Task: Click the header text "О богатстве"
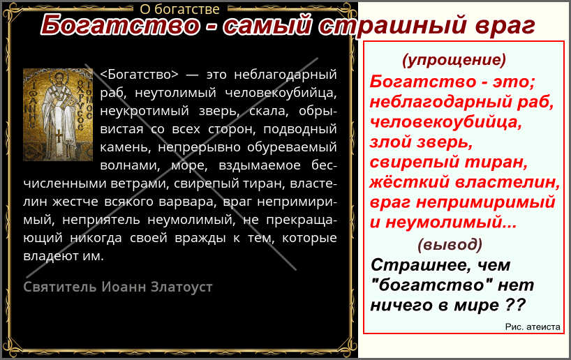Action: [x=179, y=9]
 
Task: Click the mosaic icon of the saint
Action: [x=58, y=114]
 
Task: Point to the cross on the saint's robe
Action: [x=58, y=137]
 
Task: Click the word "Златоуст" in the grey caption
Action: [x=181, y=287]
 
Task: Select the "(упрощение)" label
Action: [x=454, y=60]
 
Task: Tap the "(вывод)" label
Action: [x=450, y=244]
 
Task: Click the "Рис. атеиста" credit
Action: [x=533, y=327]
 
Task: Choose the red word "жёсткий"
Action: [x=409, y=181]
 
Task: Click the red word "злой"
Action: [x=390, y=142]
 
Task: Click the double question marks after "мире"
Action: [x=516, y=304]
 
